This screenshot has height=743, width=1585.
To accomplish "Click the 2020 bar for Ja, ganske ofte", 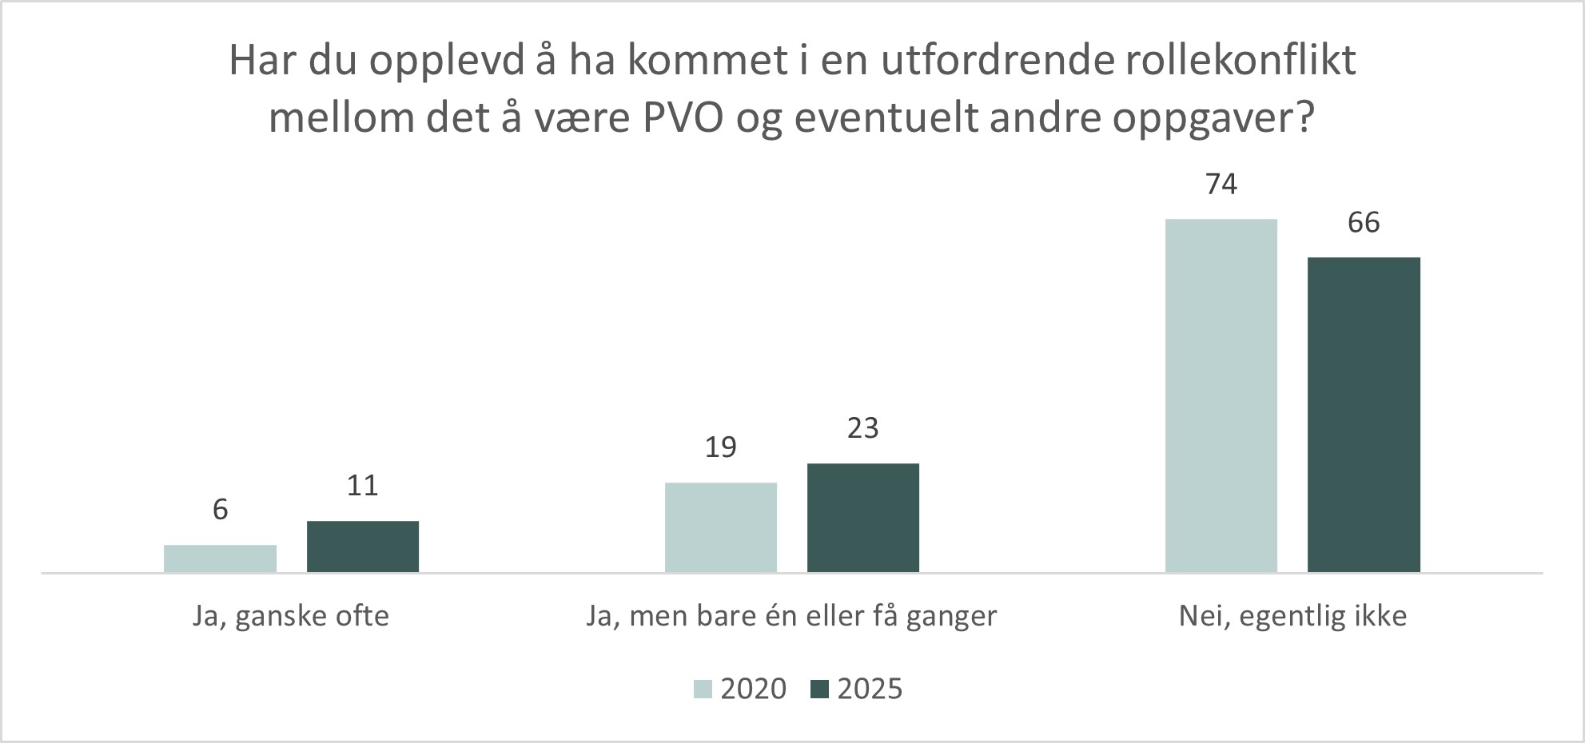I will [x=220, y=558].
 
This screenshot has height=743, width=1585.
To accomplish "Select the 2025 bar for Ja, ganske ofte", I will [x=363, y=546].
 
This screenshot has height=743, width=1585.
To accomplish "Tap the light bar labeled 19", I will [x=720, y=527].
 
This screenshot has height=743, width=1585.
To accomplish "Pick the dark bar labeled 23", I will [x=863, y=518].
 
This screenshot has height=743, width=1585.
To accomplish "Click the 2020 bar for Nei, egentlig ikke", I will [x=1221, y=395].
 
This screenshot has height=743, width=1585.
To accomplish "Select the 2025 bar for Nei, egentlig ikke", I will [x=1364, y=415].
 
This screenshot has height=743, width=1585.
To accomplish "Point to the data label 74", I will [x=1221, y=185].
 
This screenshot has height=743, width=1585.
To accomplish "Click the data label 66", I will [x=1364, y=223].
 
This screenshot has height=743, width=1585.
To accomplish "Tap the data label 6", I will [x=221, y=510].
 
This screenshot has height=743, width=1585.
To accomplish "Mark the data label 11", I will [x=363, y=486].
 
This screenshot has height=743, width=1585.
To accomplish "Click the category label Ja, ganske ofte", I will [x=291, y=617].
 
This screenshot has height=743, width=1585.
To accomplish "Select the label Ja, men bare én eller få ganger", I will [x=791, y=617].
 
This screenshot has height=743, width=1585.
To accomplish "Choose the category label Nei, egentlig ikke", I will [x=1292, y=617].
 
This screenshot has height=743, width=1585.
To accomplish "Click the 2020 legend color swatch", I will [x=702, y=689].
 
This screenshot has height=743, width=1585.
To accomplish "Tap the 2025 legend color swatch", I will [x=819, y=689].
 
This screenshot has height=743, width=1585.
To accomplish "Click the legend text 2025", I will [x=870, y=689].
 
